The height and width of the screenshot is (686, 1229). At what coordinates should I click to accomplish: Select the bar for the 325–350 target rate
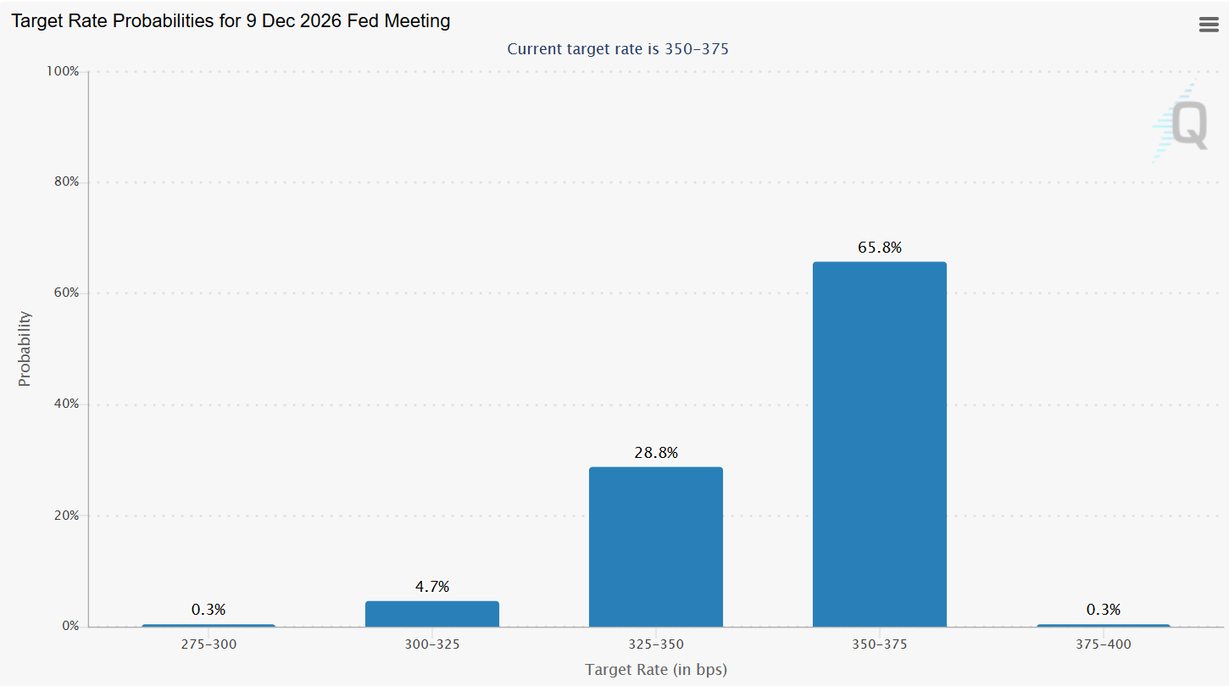pos(655,546)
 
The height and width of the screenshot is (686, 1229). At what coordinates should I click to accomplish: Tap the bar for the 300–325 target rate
pos(431,613)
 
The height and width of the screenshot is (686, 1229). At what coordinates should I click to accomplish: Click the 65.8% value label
pos(880,248)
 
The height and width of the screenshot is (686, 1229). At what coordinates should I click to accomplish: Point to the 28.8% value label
pos(656,453)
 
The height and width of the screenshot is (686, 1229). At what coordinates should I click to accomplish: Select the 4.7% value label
pos(432,587)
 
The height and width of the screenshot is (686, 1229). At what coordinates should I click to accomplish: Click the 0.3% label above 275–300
pos(209,610)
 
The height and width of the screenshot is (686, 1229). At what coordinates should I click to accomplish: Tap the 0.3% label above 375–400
pos(1104,610)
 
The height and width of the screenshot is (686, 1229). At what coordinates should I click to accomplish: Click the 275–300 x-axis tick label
pos(209,644)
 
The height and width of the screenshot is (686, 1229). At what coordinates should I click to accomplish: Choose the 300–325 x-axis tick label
pos(432,644)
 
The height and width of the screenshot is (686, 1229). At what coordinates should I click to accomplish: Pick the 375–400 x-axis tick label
pos(1104,644)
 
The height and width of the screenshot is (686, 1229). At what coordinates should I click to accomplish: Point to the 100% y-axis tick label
pos(63,71)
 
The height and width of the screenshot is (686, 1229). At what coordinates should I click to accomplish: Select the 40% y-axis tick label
pos(64,404)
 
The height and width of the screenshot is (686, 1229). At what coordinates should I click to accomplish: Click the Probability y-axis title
pos(25,349)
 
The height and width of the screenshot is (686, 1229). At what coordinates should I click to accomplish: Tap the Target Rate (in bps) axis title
pos(656,670)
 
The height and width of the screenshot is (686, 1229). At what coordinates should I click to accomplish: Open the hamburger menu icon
pos(1209,25)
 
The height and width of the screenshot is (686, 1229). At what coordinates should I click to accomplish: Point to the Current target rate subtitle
pos(618,49)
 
